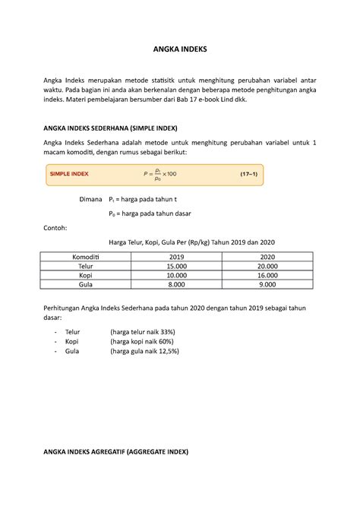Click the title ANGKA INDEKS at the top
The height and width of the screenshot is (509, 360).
179,49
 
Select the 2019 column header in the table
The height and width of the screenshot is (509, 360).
176,257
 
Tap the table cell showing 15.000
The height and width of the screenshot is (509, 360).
176,267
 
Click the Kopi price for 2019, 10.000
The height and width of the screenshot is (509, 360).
176,276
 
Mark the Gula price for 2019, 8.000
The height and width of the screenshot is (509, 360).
176,286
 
